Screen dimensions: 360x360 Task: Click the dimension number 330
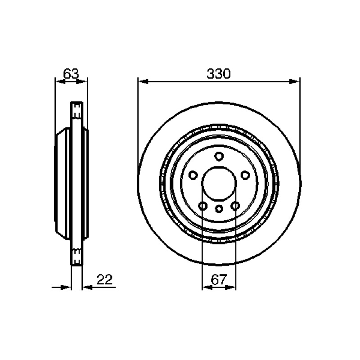pos(218,74)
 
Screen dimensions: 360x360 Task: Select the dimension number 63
pos(71,74)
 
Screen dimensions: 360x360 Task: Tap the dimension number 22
pos(105,279)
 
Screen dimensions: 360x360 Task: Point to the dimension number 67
pos(219,279)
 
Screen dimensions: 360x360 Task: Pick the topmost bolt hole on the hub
pos(219,156)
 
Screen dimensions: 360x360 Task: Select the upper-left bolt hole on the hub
pos(193,175)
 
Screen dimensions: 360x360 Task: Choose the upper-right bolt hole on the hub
pos(245,175)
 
